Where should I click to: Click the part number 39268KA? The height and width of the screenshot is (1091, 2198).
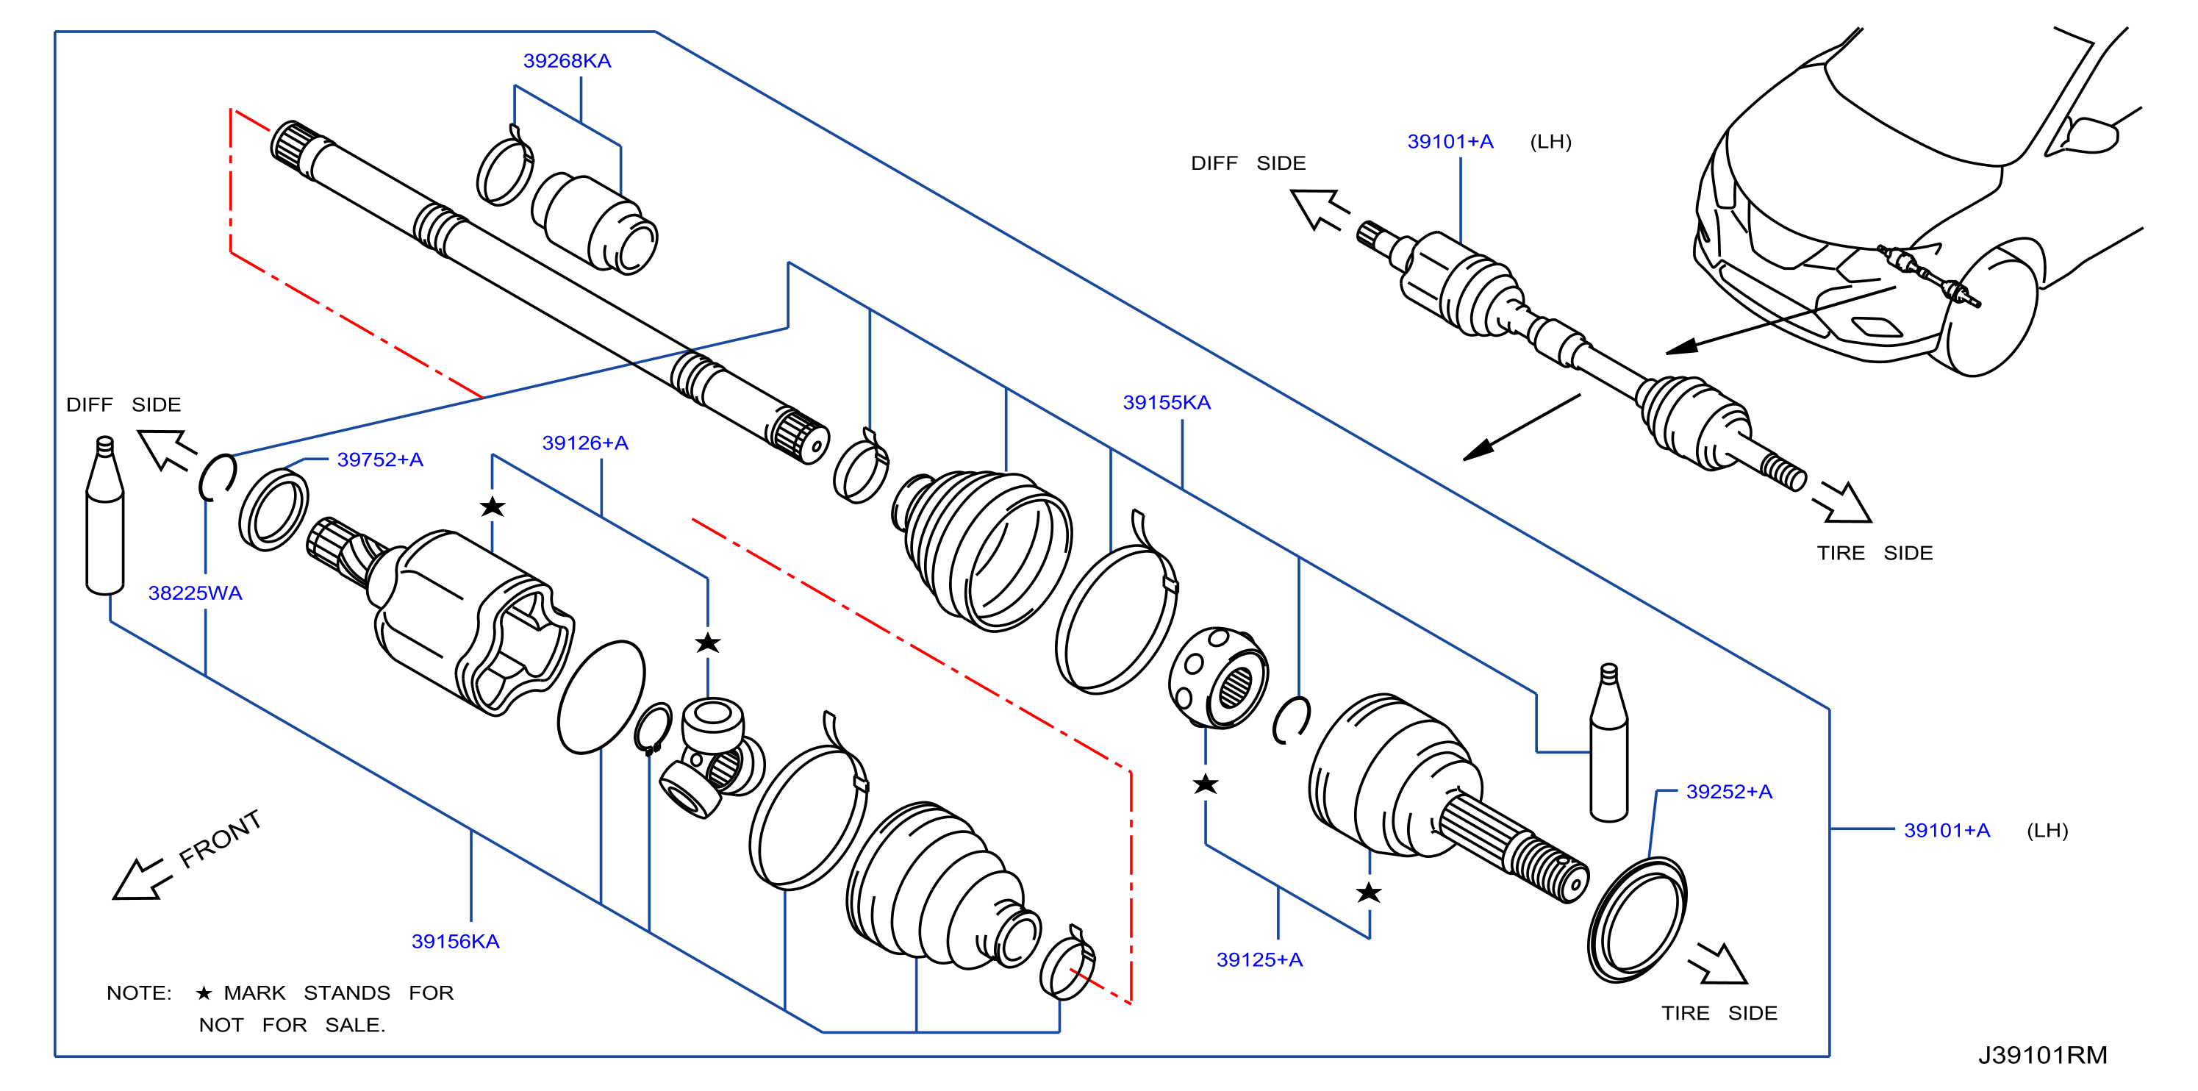pyautogui.click(x=567, y=60)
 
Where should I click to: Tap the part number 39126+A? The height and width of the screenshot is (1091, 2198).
pyautogui.click(x=584, y=443)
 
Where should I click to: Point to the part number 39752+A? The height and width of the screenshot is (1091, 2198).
pyautogui.click(x=380, y=459)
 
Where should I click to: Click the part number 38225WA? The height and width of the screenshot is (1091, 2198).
pyautogui.click(x=195, y=593)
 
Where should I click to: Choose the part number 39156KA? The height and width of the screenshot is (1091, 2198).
pyautogui.click(x=455, y=941)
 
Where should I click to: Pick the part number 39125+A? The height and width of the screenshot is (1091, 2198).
pyautogui.click(x=1259, y=959)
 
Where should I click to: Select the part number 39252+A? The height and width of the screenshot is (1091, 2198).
pyautogui.click(x=1729, y=792)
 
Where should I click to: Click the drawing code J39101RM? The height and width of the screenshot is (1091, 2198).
pyautogui.click(x=2043, y=1055)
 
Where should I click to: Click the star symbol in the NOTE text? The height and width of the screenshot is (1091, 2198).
pyautogui.click(x=203, y=993)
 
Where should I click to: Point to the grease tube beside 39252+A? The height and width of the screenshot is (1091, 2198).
pyautogui.click(x=1608, y=742)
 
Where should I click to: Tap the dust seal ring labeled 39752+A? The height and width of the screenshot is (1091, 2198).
pyautogui.click(x=273, y=509)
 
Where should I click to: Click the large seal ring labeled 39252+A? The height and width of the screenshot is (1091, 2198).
pyautogui.click(x=1636, y=920)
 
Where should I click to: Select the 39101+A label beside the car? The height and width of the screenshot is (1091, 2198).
pyautogui.click(x=1450, y=142)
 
